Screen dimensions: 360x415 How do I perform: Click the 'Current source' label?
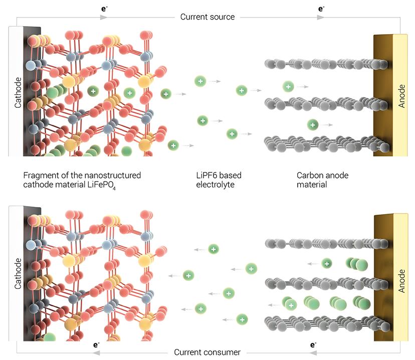(x=207, y=17)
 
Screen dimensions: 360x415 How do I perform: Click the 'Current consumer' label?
(x=207, y=352)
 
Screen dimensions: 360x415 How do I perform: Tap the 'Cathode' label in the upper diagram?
(x=18, y=92)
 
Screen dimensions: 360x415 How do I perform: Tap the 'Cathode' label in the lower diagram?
(x=18, y=273)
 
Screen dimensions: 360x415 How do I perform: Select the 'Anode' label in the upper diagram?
(x=401, y=96)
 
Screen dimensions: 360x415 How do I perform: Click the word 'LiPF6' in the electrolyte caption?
(x=206, y=175)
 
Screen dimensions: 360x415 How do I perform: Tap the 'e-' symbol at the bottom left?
(x=96, y=344)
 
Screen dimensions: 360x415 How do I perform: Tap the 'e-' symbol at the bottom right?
(x=313, y=344)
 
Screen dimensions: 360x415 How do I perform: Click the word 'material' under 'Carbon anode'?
(x=312, y=185)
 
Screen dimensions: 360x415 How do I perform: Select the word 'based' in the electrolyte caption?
(x=231, y=175)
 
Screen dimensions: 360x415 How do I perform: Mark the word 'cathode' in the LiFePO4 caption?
(x=38, y=185)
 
